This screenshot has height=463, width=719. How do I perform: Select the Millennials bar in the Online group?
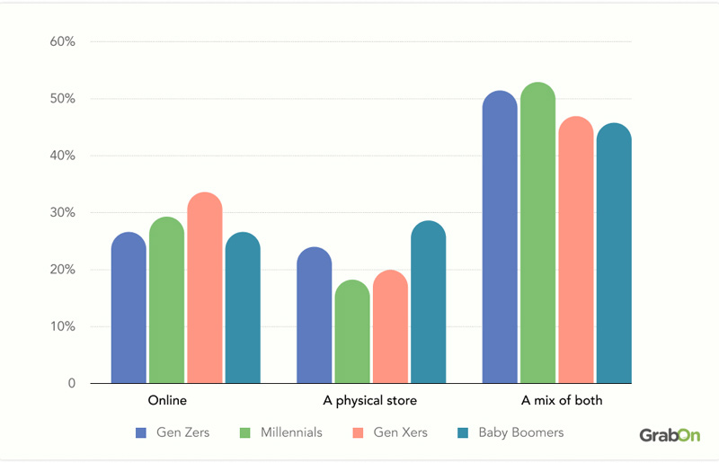point(166,300)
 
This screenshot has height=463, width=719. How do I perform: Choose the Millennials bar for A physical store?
point(352,332)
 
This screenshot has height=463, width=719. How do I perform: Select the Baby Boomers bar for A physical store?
point(428,302)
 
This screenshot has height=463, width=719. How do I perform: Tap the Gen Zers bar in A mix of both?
point(500,237)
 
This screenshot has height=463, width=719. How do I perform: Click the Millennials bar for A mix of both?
point(537,233)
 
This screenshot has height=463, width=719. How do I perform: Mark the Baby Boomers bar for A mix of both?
point(614,254)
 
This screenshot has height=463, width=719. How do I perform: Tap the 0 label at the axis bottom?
point(71,384)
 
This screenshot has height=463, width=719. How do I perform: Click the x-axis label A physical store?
point(370,400)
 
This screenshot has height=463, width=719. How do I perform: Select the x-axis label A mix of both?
point(562,400)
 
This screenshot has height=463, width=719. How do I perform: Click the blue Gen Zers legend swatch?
point(140,433)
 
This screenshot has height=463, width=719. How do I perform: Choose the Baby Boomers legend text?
point(521,432)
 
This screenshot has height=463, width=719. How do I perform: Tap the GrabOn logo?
point(669,435)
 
